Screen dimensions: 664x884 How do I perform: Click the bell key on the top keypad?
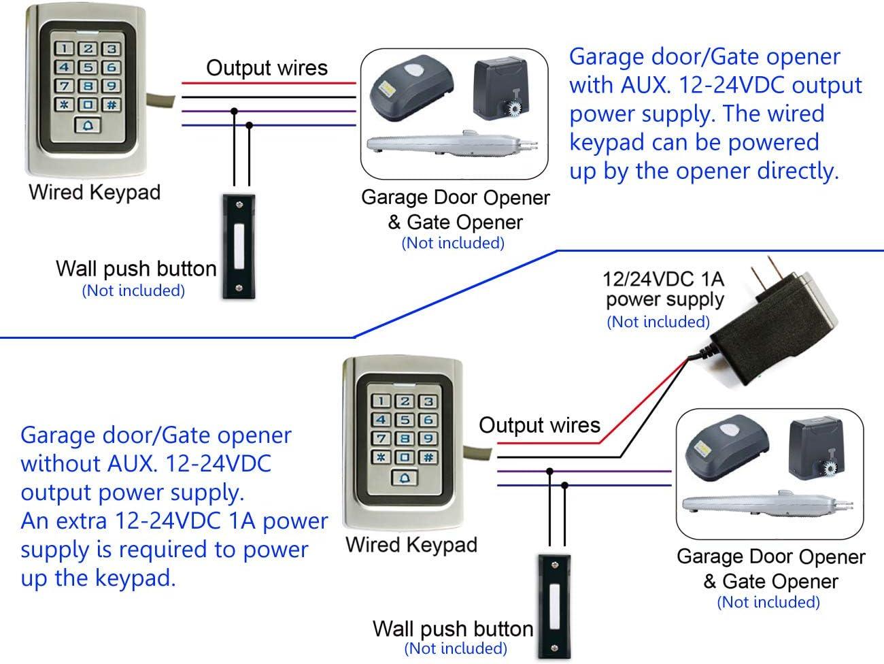pyautogui.click(x=88, y=126)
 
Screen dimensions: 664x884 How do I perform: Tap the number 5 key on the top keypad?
pyautogui.click(x=88, y=67)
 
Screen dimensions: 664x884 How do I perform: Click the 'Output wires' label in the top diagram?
pyautogui.click(x=267, y=68)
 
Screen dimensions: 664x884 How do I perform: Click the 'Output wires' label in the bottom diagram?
pyautogui.click(x=539, y=425)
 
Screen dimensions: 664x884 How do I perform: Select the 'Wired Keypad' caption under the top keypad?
pyautogui.click(x=95, y=192)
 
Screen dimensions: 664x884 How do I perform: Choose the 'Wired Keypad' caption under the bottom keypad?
pyautogui.click(x=411, y=545)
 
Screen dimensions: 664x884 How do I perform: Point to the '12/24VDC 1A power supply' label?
pyautogui.click(x=664, y=289)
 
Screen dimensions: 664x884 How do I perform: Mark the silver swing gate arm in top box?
pyautogui.click(x=452, y=144)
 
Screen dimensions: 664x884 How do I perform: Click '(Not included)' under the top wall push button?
pyautogui.click(x=133, y=291)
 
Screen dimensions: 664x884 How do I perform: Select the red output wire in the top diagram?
pyautogui.click(x=268, y=83)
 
